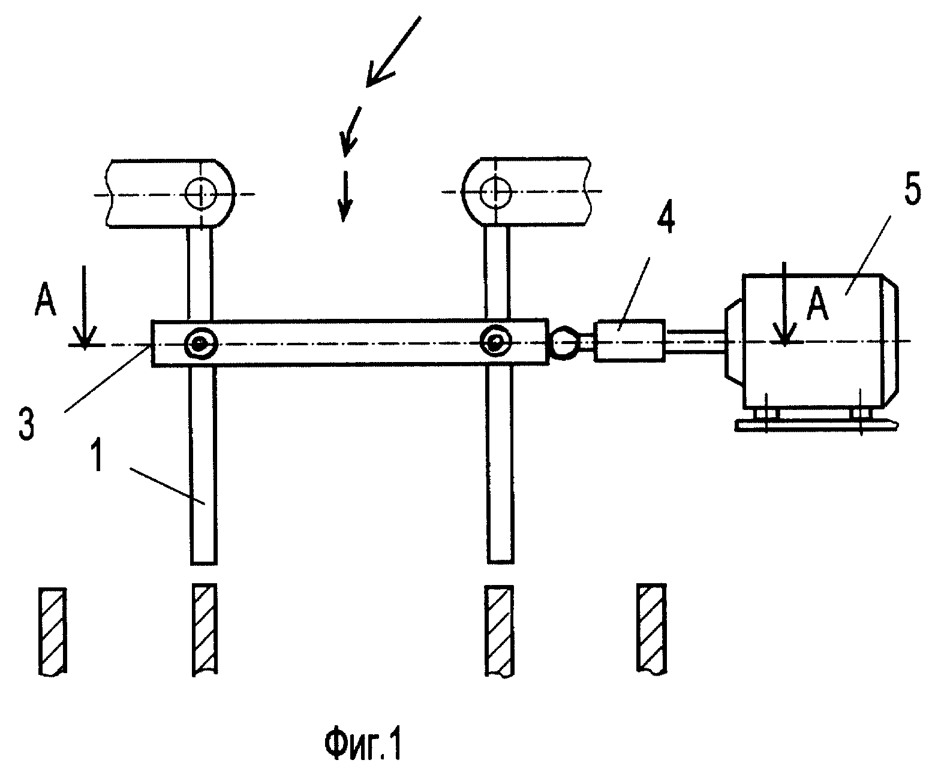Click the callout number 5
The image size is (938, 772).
[x=912, y=189]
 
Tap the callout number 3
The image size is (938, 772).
[x=26, y=424]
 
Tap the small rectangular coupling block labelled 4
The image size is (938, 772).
[x=629, y=340]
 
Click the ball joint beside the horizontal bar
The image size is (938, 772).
[x=565, y=342]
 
